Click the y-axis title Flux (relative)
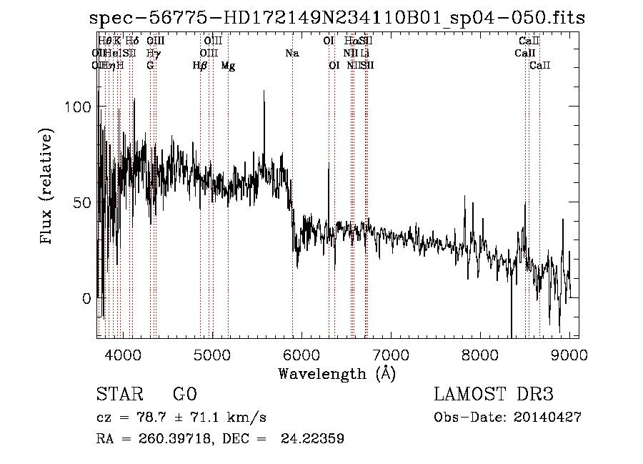(x=47, y=187)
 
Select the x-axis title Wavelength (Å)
(x=337, y=374)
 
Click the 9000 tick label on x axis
(x=569, y=354)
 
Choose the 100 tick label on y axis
(x=76, y=107)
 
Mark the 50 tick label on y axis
(x=81, y=202)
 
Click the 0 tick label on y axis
(x=86, y=298)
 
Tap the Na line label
(x=291, y=54)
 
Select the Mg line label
(x=228, y=66)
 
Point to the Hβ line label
(x=200, y=66)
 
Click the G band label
(x=150, y=66)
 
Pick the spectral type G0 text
(x=184, y=395)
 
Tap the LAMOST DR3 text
(x=494, y=395)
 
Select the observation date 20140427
(x=546, y=418)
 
